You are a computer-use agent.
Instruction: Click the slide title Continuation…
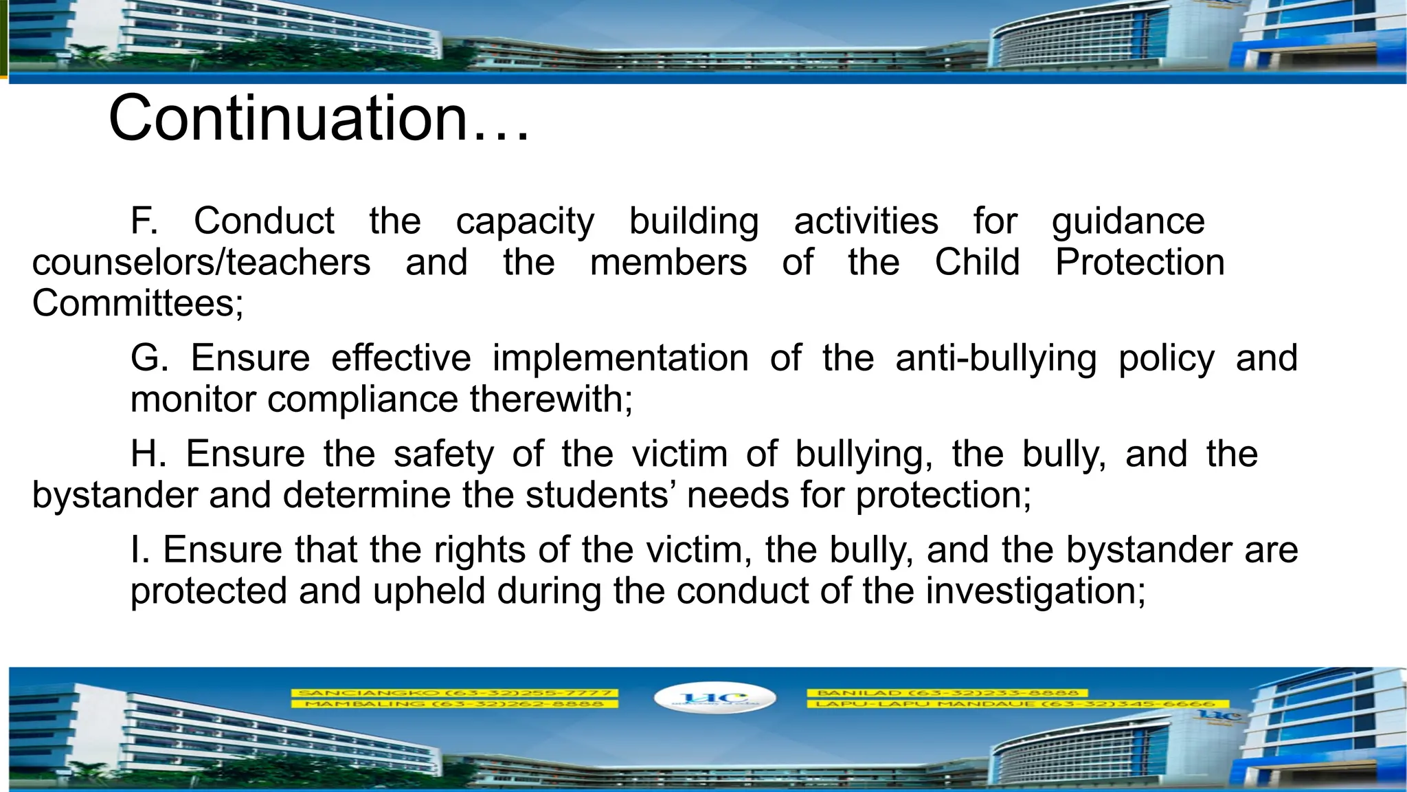click(319, 118)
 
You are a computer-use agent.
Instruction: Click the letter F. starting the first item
click(144, 221)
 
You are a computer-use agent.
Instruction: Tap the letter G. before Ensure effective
click(149, 358)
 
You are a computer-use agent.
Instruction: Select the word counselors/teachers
click(201, 263)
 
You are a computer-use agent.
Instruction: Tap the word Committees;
click(137, 304)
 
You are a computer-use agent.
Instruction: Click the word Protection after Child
click(1140, 263)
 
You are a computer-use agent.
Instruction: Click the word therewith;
click(551, 399)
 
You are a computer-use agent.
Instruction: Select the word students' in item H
click(597, 495)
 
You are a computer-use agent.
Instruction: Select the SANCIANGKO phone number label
click(454, 693)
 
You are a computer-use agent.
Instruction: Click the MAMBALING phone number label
click(454, 704)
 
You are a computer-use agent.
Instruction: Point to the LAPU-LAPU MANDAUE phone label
click(1010, 704)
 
